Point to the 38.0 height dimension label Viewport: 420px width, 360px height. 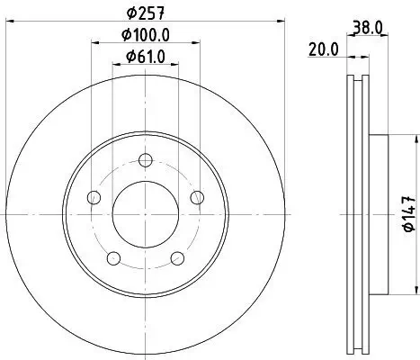(x=371, y=28)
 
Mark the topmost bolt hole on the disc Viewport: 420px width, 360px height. (x=145, y=162)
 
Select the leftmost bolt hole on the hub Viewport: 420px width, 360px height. (x=94, y=199)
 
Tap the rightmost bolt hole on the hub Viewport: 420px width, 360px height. (x=195, y=199)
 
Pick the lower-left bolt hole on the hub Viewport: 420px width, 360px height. (x=113, y=258)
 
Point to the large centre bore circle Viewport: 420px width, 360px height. (x=145, y=215)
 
